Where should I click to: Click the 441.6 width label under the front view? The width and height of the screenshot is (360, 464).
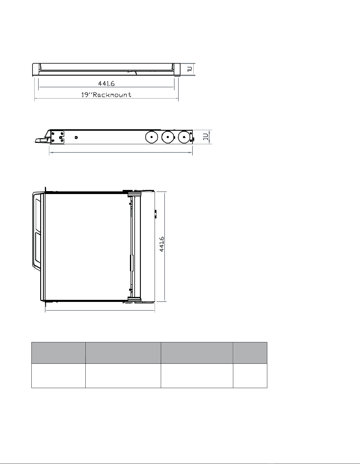pos(106,83)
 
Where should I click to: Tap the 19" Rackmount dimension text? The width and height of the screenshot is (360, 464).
pos(106,95)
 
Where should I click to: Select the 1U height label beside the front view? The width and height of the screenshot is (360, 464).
pos(190,69)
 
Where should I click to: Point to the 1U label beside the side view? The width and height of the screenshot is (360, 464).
pos(205,137)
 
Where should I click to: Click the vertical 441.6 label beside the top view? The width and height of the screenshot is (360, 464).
pos(162,244)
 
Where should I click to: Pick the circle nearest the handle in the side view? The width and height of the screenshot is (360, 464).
pos(151,137)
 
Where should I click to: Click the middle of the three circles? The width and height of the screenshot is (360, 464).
pos(168,137)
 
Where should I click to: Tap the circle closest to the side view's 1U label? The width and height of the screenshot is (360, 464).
pos(184,137)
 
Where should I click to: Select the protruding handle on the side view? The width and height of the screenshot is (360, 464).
pos(42,138)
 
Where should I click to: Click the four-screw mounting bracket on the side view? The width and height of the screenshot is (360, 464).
pos(57,137)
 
